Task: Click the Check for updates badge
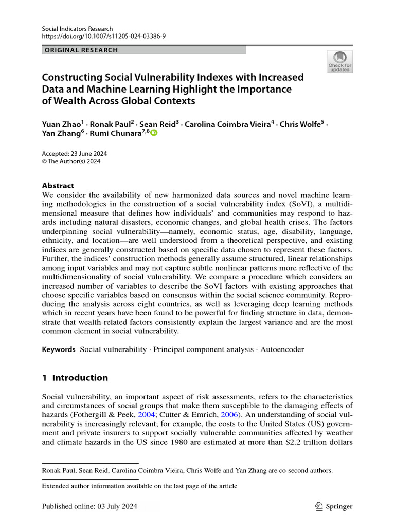tap(340, 61)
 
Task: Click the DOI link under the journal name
tap(103, 37)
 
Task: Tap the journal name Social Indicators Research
tap(77, 29)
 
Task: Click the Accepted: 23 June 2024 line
tap(74, 153)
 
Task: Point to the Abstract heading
tap(58, 186)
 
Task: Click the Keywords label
tap(59, 349)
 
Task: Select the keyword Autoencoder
tap(282, 349)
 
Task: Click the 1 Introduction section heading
tap(75, 378)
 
